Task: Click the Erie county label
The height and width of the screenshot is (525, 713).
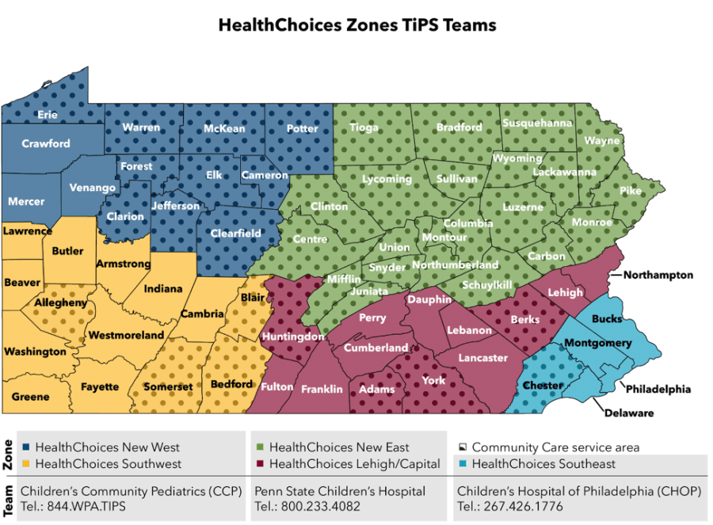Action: pyautogui.click(x=48, y=115)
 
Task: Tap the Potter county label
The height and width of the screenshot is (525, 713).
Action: pyautogui.click(x=302, y=128)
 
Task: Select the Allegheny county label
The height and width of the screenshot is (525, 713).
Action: pyautogui.click(x=60, y=302)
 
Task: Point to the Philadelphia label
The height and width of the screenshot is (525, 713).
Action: pyautogui.click(x=658, y=389)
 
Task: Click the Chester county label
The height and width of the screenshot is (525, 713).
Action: pyautogui.click(x=543, y=386)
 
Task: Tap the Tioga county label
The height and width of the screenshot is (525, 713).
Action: pyautogui.click(x=364, y=127)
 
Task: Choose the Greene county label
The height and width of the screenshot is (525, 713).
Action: pyautogui.click(x=30, y=397)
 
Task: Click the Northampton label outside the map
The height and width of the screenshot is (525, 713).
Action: pyautogui.click(x=658, y=276)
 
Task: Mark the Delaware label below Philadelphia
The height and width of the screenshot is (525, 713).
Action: pyautogui.click(x=630, y=413)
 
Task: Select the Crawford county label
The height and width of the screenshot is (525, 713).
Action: pyautogui.click(x=46, y=144)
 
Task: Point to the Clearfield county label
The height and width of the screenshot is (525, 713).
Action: pyautogui.click(x=235, y=234)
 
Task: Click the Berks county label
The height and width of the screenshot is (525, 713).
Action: pyautogui.click(x=525, y=320)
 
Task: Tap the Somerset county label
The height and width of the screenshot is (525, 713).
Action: pyautogui.click(x=168, y=386)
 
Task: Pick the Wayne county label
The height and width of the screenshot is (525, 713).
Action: pyautogui.click(x=601, y=141)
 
